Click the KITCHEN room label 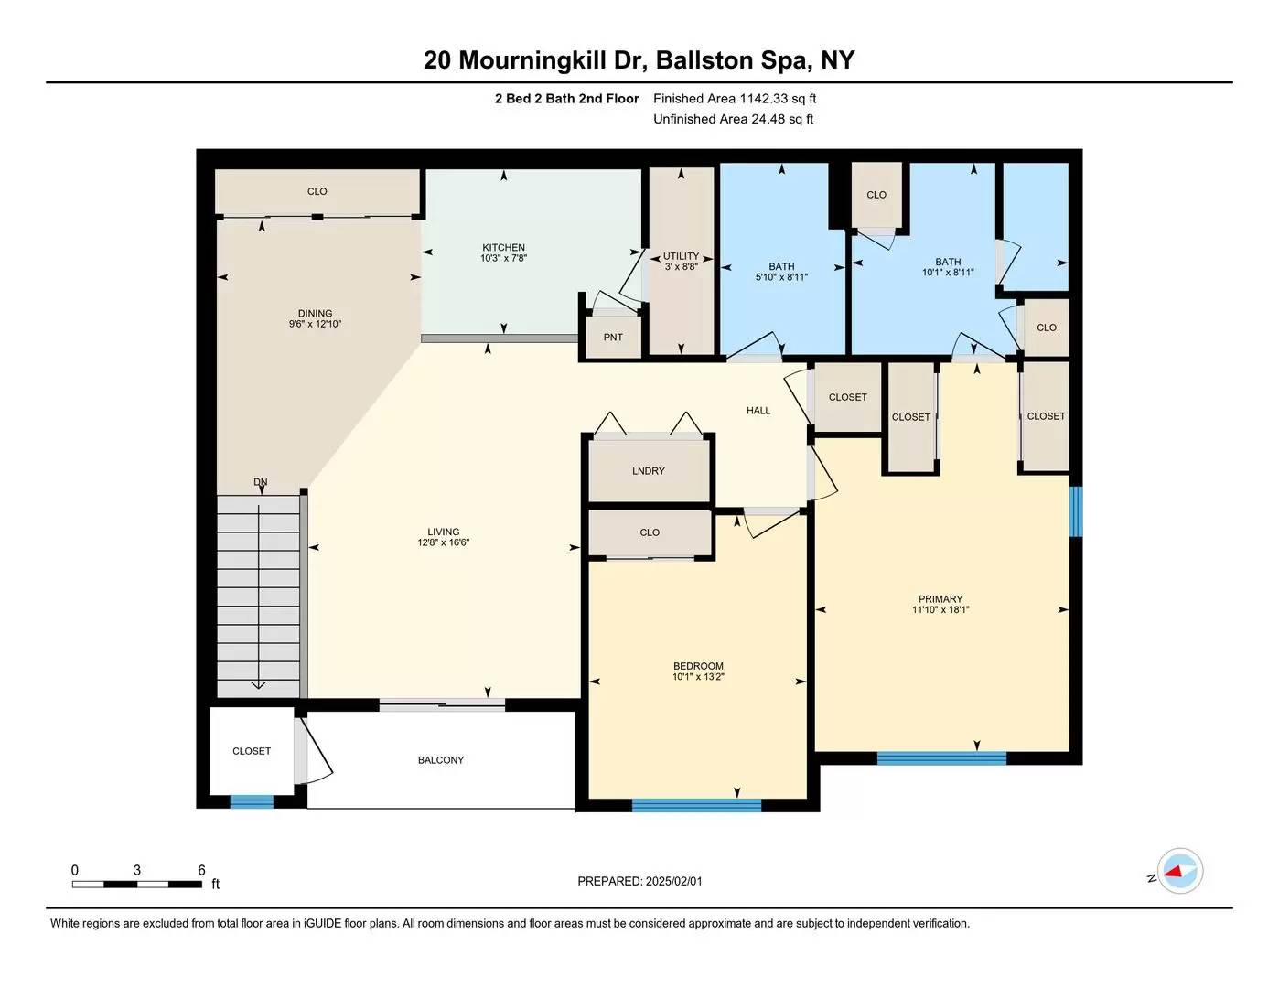click(x=503, y=247)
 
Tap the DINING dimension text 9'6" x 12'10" click(x=315, y=324)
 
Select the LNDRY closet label click(x=648, y=471)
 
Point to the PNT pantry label click(x=613, y=338)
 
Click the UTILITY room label click(x=681, y=256)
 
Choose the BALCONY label click(x=441, y=759)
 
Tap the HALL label click(x=758, y=411)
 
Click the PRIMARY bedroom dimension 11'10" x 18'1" click(x=940, y=609)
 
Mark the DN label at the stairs click(x=260, y=482)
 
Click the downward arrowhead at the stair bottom click(x=258, y=684)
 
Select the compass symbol click(x=1179, y=871)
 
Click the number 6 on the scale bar click(x=201, y=870)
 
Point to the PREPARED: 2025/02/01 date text click(x=639, y=881)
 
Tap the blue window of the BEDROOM click(x=696, y=805)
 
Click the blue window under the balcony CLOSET click(x=252, y=801)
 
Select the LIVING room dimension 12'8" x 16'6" click(x=443, y=542)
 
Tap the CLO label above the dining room click(x=317, y=191)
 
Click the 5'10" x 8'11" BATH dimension click(x=781, y=276)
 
